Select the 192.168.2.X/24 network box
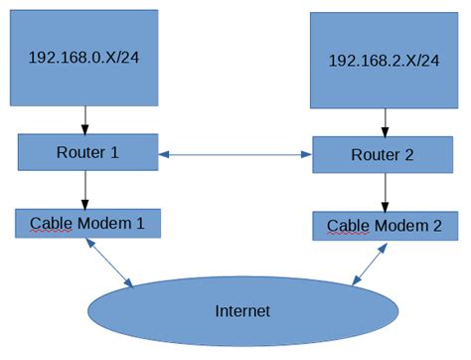[384, 60]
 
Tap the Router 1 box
[87, 152]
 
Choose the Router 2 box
[383, 155]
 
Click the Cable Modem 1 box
[87, 223]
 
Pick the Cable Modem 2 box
[385, 226]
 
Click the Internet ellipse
[242, 311]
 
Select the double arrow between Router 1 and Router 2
[235, 154]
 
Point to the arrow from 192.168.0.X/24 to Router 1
[84, 118]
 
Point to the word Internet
[242, 311]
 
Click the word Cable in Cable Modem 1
[51, 223]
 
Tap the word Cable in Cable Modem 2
[348, 226]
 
